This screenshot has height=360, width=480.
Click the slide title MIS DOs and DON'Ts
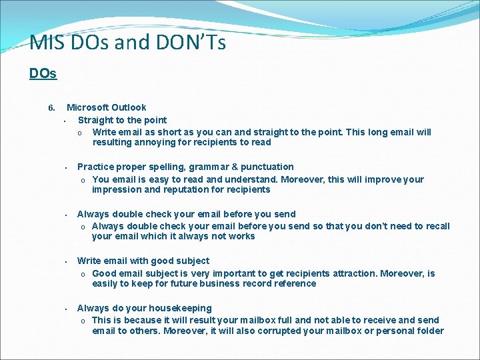pyautogui.click(x=127, y=43)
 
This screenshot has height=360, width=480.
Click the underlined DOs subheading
pyautogui.click(x=43, y=74)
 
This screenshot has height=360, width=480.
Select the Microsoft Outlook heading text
pyautogui.click(x=106, y=107)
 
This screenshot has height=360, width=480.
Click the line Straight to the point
pyautogui.click(x=122, y=120)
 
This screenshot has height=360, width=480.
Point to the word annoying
pyautogui.click(x=154, y=142)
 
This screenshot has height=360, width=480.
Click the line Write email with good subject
pyautogui.click(x=143, y=261)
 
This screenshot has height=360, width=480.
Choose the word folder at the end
pyautogui.click(x=429, y=331)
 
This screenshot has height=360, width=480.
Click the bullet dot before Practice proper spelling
pyautogui.click(x=67, y=168)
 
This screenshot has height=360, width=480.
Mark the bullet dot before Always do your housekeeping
pyautogui.click(x=67, y=309)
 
